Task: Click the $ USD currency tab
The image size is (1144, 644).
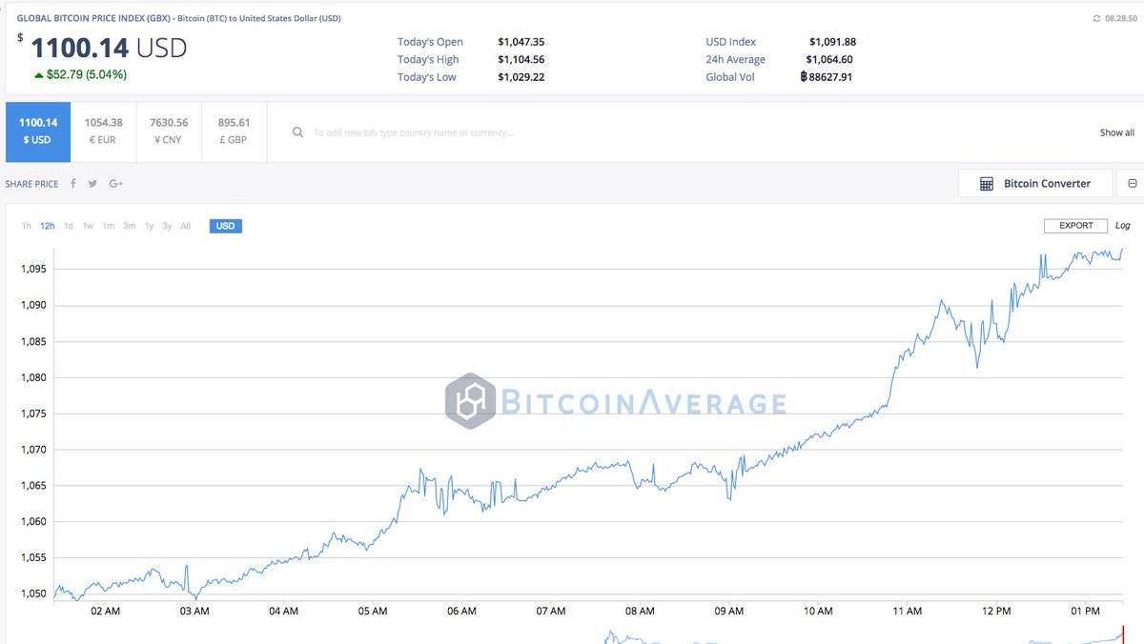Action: point(38,131)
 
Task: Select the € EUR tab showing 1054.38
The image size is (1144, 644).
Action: point(103,131)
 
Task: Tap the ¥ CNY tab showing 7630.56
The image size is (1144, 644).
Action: point(169,131)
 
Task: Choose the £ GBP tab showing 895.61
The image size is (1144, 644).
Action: point(234,131)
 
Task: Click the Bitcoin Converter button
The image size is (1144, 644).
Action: point(1035,184)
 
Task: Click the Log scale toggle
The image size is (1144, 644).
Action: point(1122,226)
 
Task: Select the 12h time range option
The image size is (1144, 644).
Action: point(48,226)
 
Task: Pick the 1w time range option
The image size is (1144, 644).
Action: point(88,226)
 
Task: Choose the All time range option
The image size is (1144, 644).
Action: point(185,226)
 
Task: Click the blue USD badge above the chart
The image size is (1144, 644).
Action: point(226,226)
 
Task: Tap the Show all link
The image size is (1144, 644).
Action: point(1116,132)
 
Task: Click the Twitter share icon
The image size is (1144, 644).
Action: point(92,184)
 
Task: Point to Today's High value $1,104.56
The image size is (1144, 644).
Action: point(521,59)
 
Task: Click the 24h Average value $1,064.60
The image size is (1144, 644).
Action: point(830,59)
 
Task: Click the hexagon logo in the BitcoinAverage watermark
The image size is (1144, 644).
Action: point(470,401)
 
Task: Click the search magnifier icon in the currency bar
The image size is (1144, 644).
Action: point(298,132)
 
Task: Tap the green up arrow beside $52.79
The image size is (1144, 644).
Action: point(38,75)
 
